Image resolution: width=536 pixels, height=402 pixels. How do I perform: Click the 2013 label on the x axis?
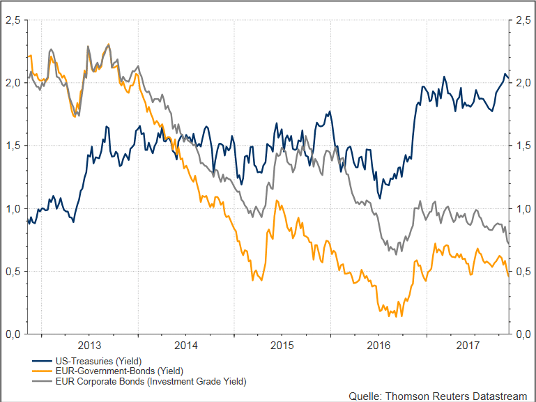point(89,346)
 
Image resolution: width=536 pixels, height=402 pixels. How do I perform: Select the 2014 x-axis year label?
point(186,346)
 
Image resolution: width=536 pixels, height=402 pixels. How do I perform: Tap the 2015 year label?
point(282,346)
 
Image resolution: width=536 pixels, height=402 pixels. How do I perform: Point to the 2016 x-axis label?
point(378,346)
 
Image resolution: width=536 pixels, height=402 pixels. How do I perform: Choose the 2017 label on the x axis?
point(468,346)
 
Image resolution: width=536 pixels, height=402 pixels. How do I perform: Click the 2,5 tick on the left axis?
point(12,21)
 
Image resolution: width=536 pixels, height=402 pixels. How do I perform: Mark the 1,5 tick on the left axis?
point(12,146)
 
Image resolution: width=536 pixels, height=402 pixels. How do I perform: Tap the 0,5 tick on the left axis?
point(12,271)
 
